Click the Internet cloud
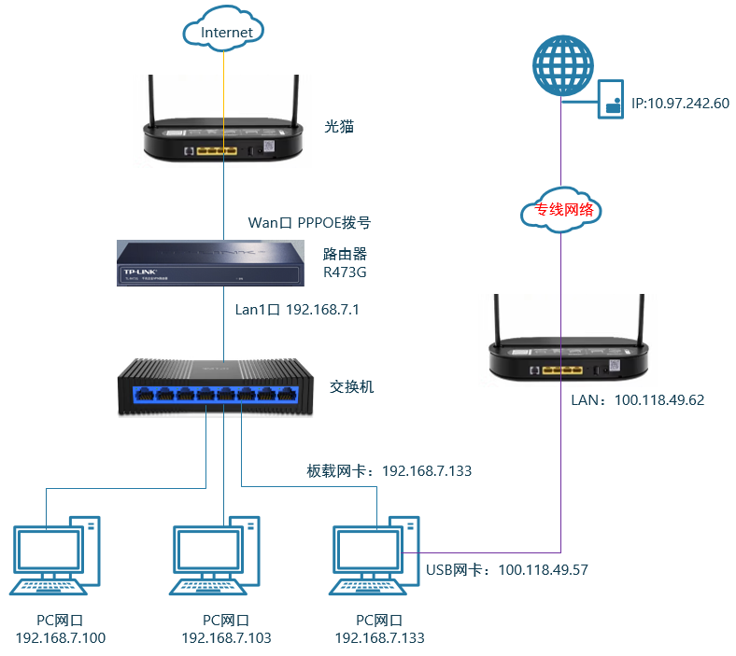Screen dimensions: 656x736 [x=227, y=33]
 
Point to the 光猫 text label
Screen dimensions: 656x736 [x=339, y=126]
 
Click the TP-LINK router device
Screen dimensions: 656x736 [x=211, y=262]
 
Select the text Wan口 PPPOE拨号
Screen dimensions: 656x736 [x=308, y=223]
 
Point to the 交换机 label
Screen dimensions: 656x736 [x=352, y=385]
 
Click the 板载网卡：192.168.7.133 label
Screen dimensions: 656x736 [x=389, y=470]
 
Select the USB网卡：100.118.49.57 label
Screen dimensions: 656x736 [x=507, y=569]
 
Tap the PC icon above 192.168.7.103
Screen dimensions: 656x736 [x=217, y=557]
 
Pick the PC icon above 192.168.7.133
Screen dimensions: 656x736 [x=375, y=557]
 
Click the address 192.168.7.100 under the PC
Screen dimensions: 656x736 [x=61, y=638]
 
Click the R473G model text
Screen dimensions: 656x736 [x=342, y=272]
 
